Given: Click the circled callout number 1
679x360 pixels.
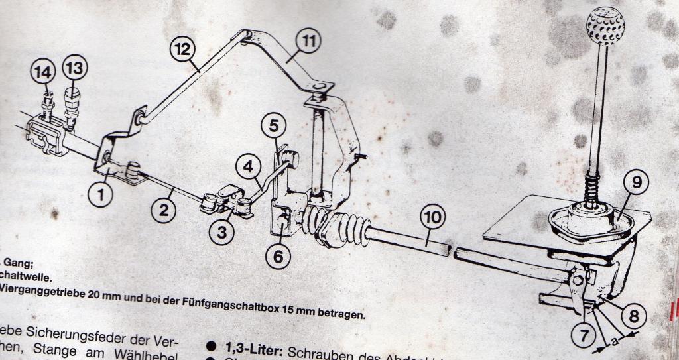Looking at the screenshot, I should point(101,194).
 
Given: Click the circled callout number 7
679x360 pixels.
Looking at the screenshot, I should point(583,335).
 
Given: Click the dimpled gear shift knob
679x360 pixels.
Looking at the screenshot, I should point(604,25).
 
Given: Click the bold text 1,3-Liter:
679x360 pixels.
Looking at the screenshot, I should point(255,349).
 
